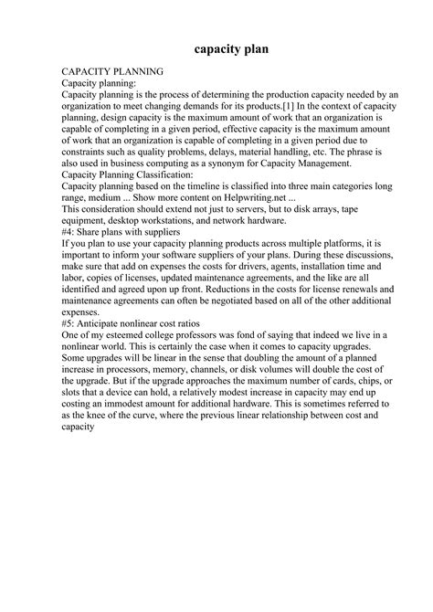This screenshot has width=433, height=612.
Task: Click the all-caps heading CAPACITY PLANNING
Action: pos(111,70)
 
